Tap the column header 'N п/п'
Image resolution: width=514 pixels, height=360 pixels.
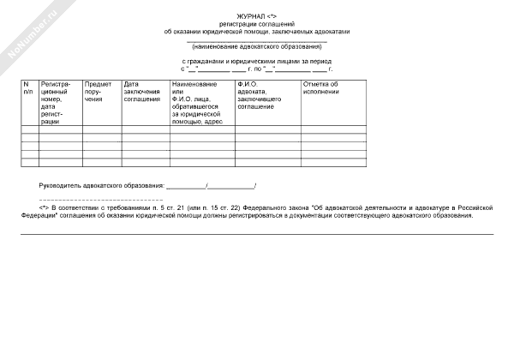tap(27, 88)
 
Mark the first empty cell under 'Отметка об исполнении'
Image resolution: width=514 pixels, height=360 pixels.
tap(333, 131)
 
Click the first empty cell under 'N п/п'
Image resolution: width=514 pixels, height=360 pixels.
tap(29, 131)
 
